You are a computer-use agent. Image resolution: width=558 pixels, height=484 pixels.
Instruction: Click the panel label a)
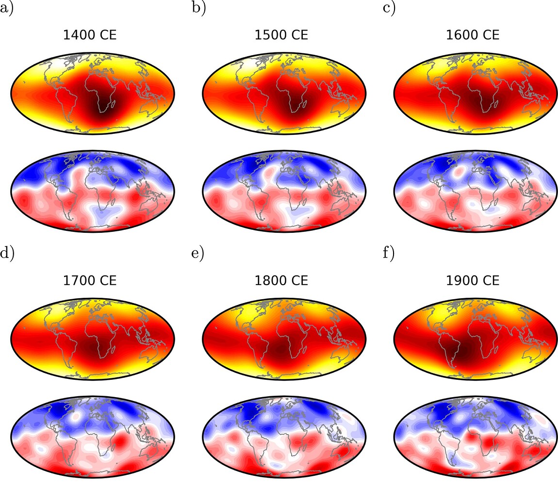point(6,9)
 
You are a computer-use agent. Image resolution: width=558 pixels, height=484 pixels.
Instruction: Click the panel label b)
point(198,9)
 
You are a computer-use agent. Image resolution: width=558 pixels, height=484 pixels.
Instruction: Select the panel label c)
point(389,9)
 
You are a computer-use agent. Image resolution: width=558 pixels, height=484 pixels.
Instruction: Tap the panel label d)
point(7,253)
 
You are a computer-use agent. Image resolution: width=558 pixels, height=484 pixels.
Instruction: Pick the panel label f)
point(389,253)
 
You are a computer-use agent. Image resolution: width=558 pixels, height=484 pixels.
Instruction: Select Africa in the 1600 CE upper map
point(480,92)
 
